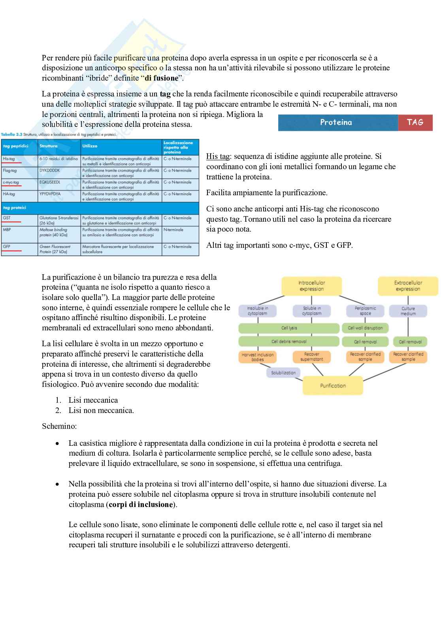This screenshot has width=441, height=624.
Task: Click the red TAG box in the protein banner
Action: pyautogui.click(x=415, y=123)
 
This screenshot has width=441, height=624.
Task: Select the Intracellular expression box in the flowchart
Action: pyautogui.click(x=311, y=286)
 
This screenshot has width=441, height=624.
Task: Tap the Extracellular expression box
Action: pyautogui.click(x=408, y=286)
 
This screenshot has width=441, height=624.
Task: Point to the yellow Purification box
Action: pyautogui.click(x=333, y=385)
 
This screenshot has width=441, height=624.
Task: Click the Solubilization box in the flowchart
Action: pyautogui.click(x=283, y=373)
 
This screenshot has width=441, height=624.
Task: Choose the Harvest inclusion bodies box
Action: pyautogui.click(x=257, y=357)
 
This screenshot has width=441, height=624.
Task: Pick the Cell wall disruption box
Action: pyautogui.click(x=365, y=328)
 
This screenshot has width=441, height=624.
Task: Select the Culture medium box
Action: pyautogui.click(x=408, y=311)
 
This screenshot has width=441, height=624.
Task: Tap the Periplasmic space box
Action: pyautogui.click(x=365, y=311)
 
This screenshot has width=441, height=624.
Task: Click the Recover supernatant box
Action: pyautogui.click(x=311, y=357)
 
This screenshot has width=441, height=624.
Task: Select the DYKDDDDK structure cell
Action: pyautogui.click(x=50, y=170)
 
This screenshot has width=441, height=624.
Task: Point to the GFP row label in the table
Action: pyautogui.click(x=7, y=246)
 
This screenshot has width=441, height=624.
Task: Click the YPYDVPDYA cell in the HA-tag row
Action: pyautogui.click(x=50, y=194)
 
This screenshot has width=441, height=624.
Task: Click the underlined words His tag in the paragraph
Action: pyautogui.click(x=217, y=156)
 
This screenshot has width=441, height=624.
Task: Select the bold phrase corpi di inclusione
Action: pyautogui.click(x=141, y=504)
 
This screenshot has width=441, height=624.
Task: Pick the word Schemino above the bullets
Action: pyautogui.click(x=59, y=426)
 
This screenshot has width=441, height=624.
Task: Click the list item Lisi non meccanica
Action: pyautogui.click(x=101, y=410)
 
